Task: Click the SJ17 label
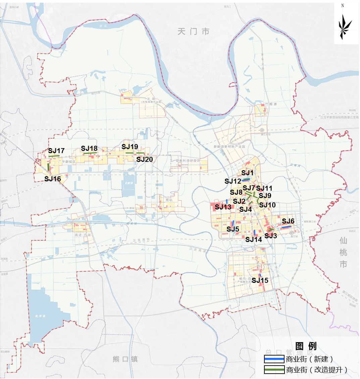click(x=56, y=151)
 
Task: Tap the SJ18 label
click(x=89, y=148)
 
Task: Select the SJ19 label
click(x=130, y=147)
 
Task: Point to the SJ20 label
click(x=145, y=160)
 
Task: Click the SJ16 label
click(x=53, y=179)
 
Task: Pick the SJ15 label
click(x=260, y=280)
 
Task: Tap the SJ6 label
click(x=288, y=221)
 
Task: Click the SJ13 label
click(x=223, y=207)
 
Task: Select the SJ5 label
click(x=233, y=229)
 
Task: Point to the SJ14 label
click(x=254, y=239)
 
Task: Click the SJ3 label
click(x=271, y=236)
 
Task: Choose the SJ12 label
click(x=233, y=181)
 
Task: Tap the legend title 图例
click(x=306, y=346)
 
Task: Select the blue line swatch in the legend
click(x=274, y=359)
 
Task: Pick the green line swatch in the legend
click(x=274, y=370)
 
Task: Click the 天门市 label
click(x=194, y=31)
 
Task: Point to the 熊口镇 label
click(x=125, y=359)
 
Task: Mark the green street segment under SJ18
click(x=90, y=153)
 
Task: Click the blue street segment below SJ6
click(x=286, y=228)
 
